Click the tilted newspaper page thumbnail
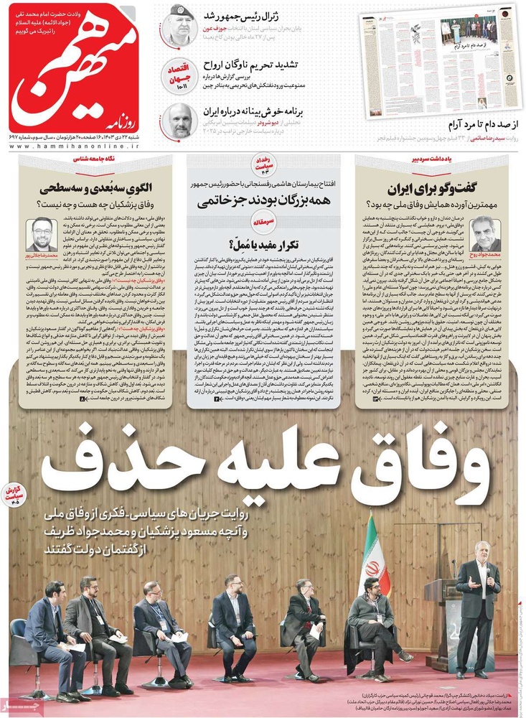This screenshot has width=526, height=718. tap(443, 61)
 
